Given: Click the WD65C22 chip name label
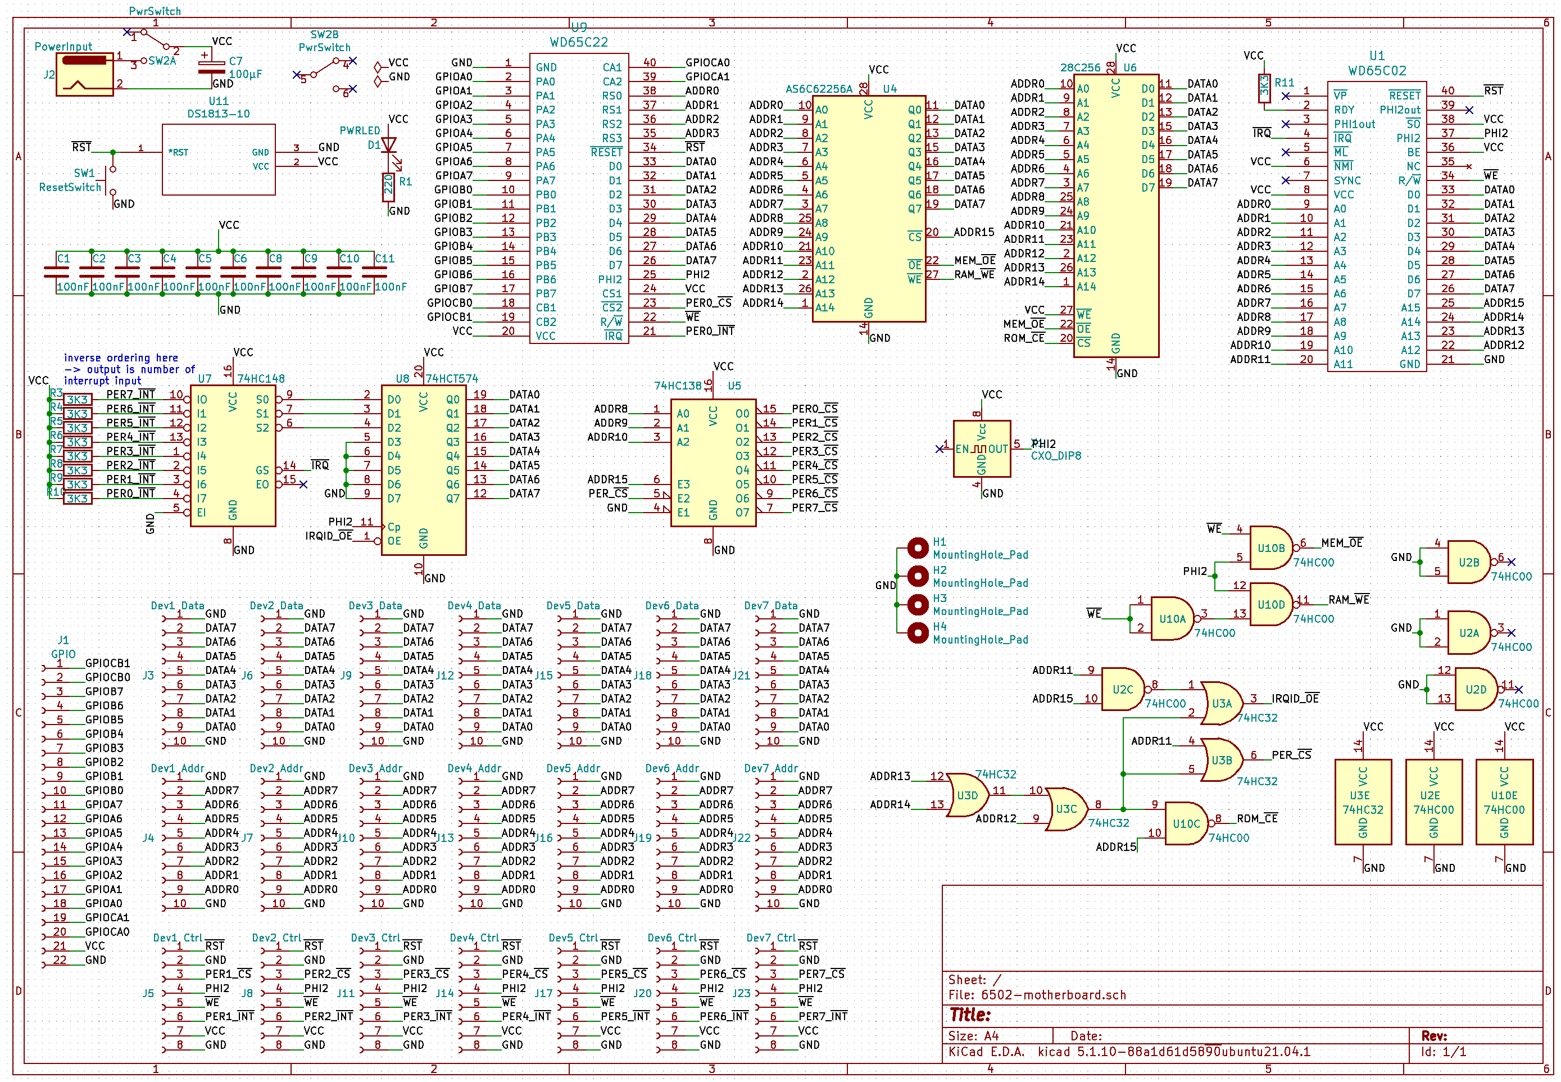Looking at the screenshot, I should pyautogui.click(x=578, y=42).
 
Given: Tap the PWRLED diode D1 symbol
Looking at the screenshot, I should pyautogui.click(x=388, y=145).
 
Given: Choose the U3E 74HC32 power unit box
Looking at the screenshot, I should pyautogui.click(x=1363, y=802).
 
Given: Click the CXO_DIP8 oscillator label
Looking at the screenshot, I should pyautogui.click(x=1055, y=456).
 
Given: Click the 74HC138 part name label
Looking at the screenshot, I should pyautogui.click(x=677, y=386).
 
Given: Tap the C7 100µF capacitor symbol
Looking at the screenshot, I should pyautogui.click(x=211, y=66).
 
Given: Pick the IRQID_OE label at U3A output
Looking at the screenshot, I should pyautogui.click(x=1295, y=698).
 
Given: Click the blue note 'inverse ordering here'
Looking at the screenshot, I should pyautogui.click(x=121, y=358).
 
